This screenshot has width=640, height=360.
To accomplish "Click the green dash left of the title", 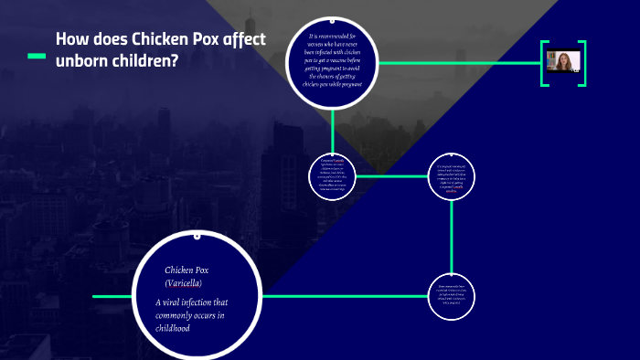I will [37, 56].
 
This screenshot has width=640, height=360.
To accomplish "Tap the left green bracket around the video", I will [543, 63].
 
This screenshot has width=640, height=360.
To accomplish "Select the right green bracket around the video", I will [582, 63].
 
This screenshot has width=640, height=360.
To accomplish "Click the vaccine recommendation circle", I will [333, 63].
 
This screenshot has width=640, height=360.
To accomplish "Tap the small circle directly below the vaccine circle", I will [333, 175].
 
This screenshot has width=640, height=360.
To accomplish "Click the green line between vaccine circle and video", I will [457, 63].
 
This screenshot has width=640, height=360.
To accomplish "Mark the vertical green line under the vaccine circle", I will [333, 127].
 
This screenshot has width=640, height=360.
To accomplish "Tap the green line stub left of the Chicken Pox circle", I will [110, 296].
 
